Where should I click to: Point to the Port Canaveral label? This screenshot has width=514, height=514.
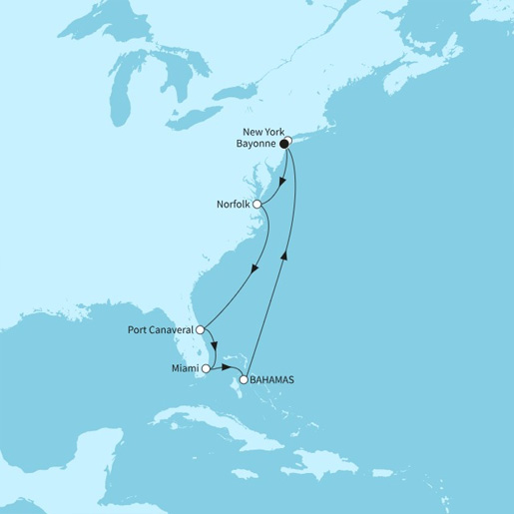coord(160,328)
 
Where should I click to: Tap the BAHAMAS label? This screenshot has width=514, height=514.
coord(275,380)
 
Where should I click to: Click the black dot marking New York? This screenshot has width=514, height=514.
coord(284,144)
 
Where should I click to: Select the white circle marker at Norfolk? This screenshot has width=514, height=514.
coord(257,204)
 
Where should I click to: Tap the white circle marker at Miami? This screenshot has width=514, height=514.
coord(207,368)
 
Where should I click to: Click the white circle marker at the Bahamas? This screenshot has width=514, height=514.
coord(244,379)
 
